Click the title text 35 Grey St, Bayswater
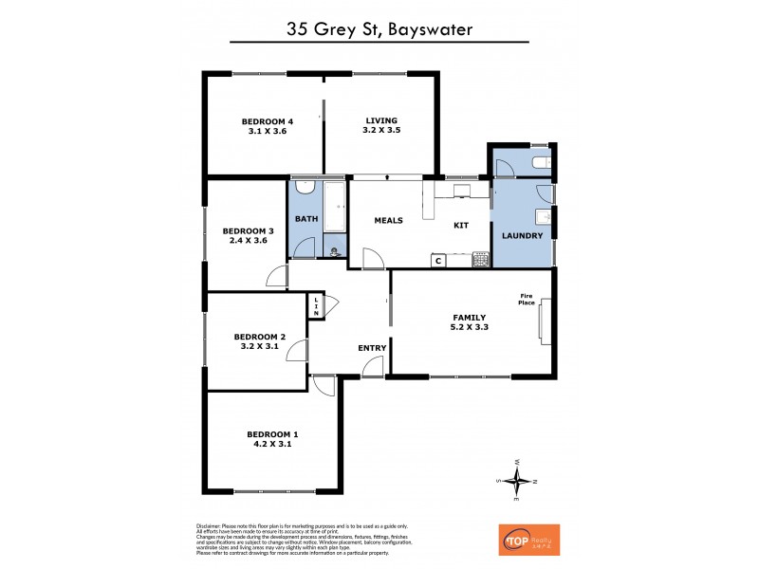pyautogui.click(x=379, y=28)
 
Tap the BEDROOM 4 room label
pyautogui.click(x=267, y=120)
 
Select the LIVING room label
pyautogui.click(x=381, y=120)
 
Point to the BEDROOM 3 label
pyautogui.click(x=248, y=230)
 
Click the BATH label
pyautogui.click(x=306, y=219)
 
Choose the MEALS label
pyautogui.click(x=388, y=220)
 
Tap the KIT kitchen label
pyautogui.click(x=461, y=225)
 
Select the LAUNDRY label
pyautogui.click(x=522, y=235)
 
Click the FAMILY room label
pyautogui.click(x=469, y=318)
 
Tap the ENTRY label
pyautogui.click(x=372, y=348)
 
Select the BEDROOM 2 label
pyautogui.click(x=259, y=337)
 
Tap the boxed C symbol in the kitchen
pyautogui.click(x=438, y=260)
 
